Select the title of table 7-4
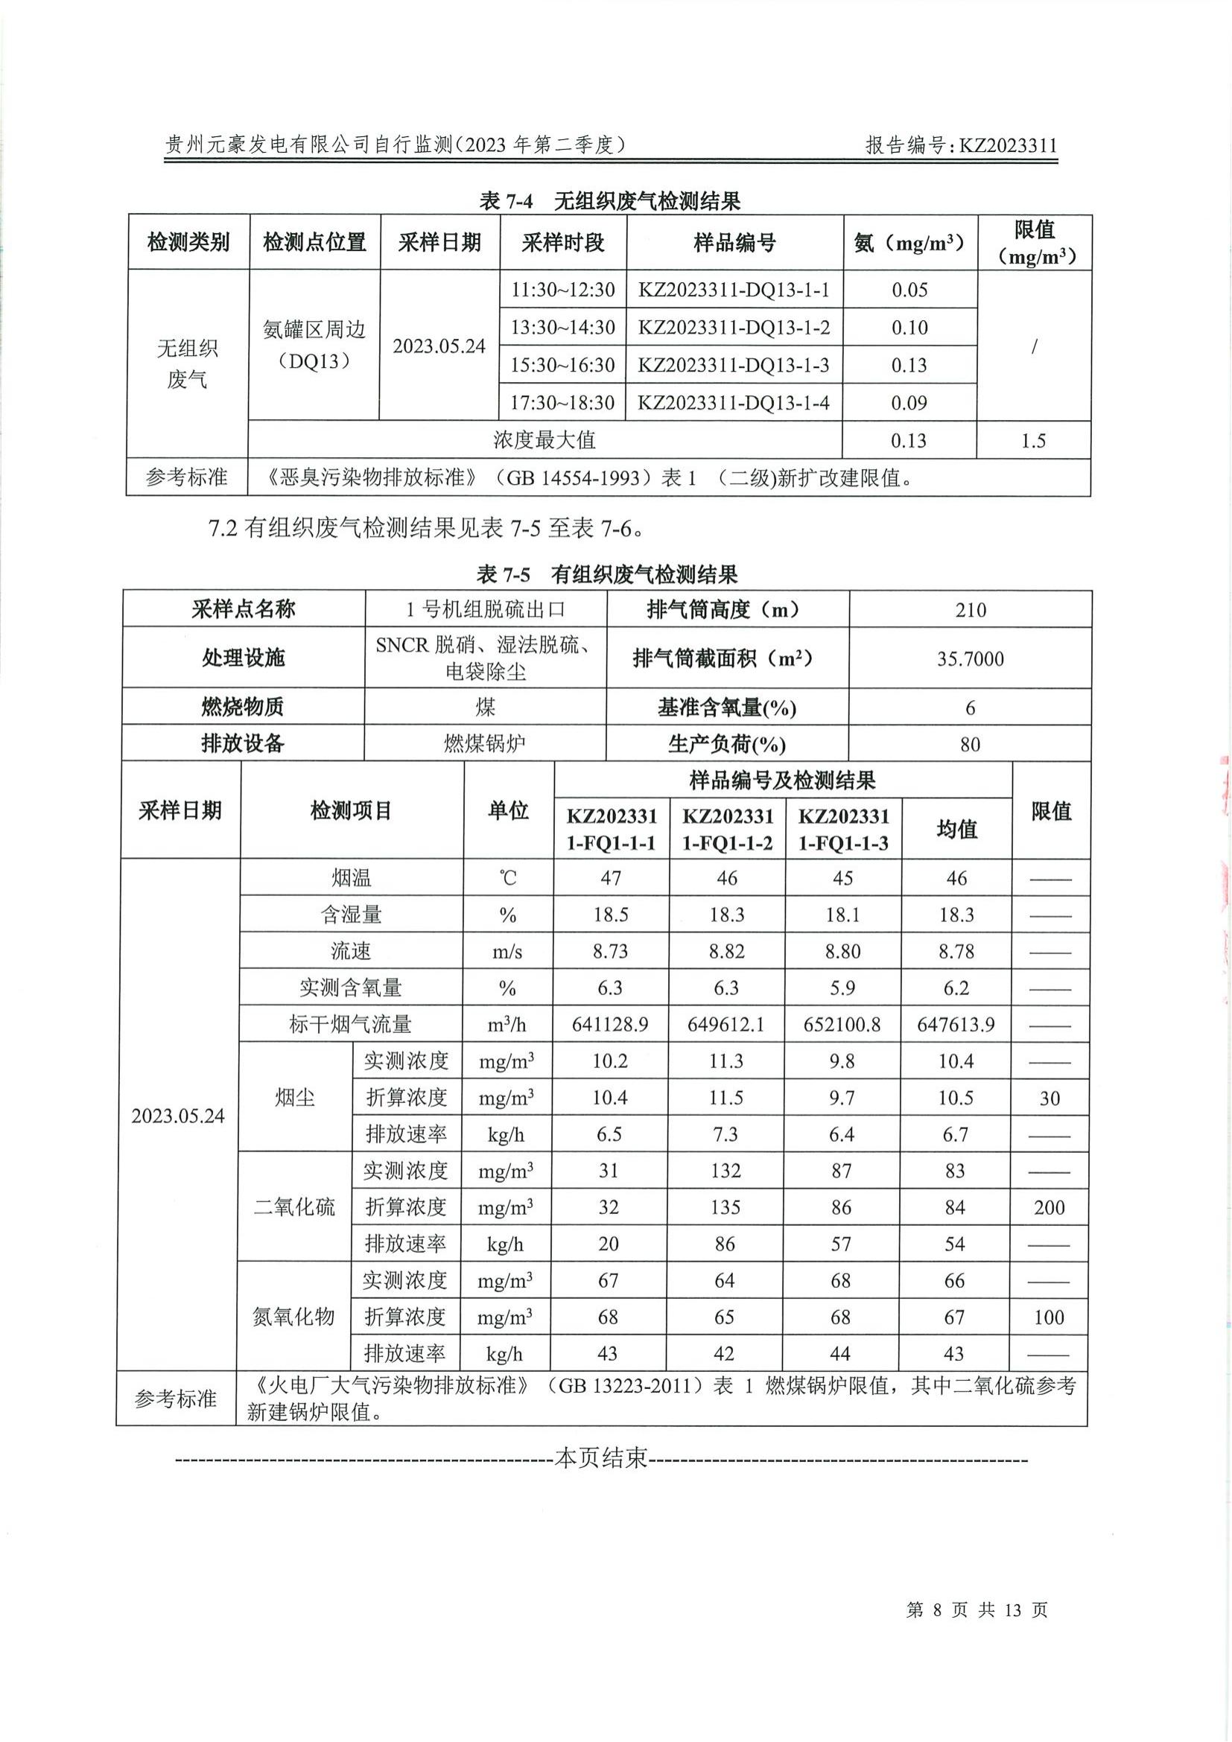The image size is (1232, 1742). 610,201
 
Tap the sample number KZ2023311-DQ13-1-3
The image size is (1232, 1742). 734,365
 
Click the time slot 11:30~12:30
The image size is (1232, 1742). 562,290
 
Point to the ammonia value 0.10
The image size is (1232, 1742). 909,328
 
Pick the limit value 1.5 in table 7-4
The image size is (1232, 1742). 1033,441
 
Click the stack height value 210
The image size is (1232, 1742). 971,610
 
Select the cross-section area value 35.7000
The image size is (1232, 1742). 971,658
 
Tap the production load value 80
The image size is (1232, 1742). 971,744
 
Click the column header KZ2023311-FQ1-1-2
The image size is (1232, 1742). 728,829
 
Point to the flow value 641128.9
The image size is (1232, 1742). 611,1025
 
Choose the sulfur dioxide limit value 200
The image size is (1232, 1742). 1050,1208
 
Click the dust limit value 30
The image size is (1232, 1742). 1050,1099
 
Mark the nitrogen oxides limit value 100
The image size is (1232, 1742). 1050,1317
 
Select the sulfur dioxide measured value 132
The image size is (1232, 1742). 725,1171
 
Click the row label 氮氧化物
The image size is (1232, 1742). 293,1317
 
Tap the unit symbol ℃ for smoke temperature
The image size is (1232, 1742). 507,879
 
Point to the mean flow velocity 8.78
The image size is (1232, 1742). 956,951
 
